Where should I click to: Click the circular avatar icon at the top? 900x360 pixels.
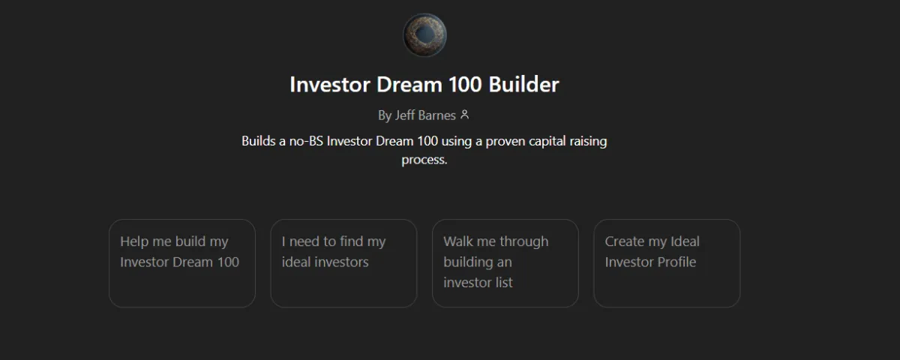[424, 36]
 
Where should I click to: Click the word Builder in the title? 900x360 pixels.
[523, 85]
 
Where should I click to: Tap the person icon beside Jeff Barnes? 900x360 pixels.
[465, 115]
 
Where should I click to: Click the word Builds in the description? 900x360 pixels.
[259, 141]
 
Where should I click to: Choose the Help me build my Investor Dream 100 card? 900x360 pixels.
[182, 263]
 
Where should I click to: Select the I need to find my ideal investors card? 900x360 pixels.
[343, 263]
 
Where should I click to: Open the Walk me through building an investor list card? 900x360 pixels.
[505, 263]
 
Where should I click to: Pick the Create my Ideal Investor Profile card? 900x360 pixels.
[667, 263]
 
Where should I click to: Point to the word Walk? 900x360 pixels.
[457, 241]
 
